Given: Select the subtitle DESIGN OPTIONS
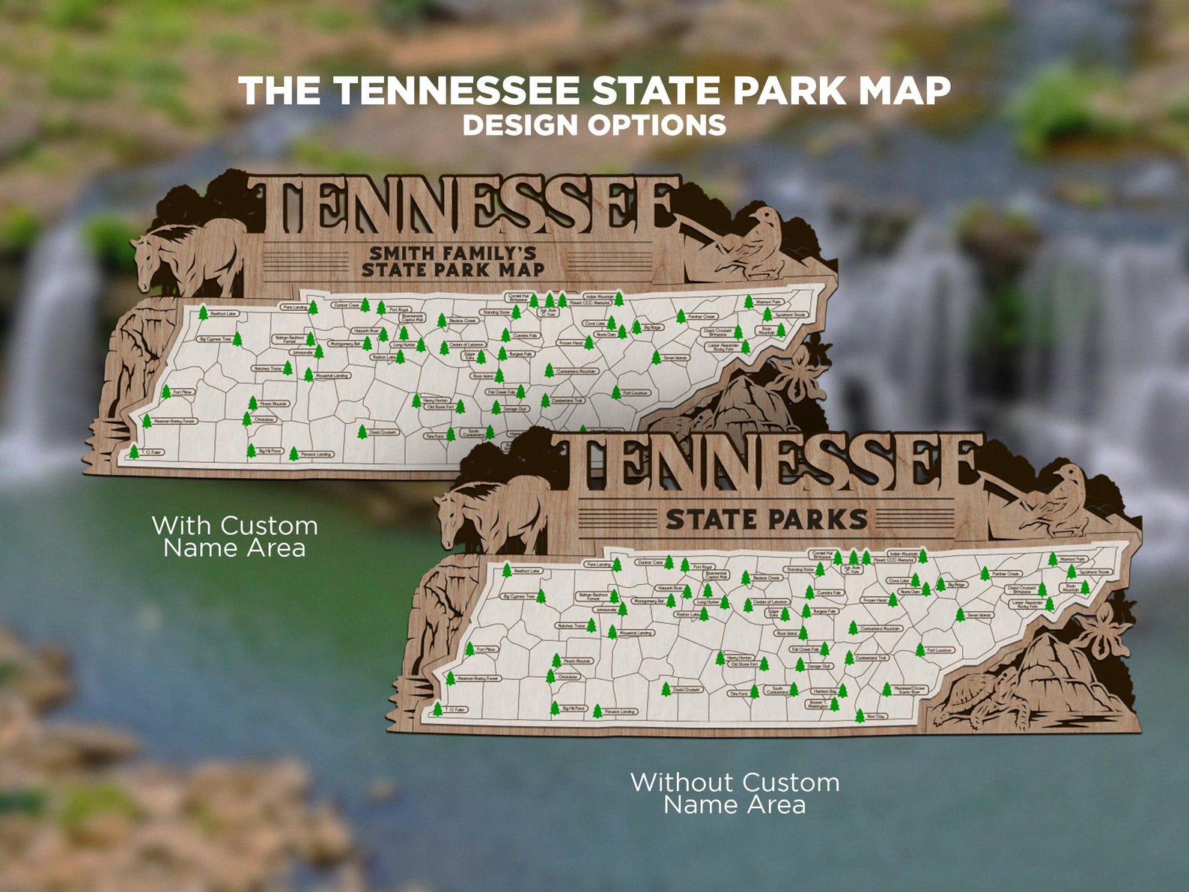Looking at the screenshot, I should point(594,125).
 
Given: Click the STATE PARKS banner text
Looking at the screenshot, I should point(766,519).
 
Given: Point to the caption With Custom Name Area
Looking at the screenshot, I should point(234,536).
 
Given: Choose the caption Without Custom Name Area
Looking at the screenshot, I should point(735,793).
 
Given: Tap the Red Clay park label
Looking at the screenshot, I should point(875,717).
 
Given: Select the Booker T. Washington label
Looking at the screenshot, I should point(818,704).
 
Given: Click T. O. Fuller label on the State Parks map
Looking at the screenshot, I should point(455,709).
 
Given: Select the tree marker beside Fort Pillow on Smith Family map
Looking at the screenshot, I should point(165,392).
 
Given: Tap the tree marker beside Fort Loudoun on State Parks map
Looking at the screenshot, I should point(919,649).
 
